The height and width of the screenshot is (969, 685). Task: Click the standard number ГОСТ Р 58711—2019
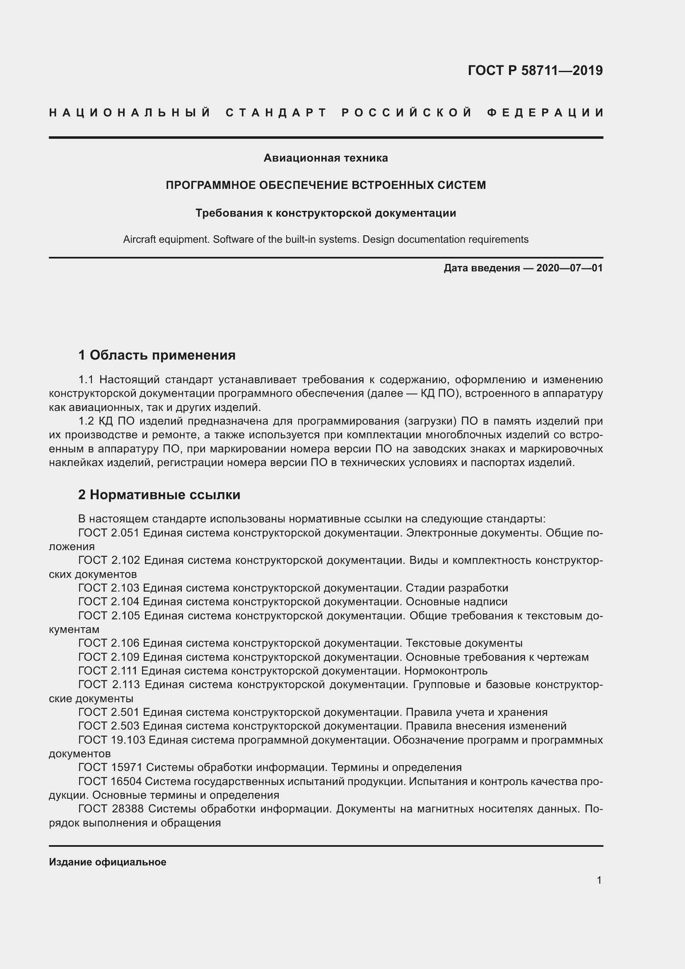(x=535, y=70)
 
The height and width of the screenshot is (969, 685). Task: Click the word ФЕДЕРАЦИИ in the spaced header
(x=545, y=113)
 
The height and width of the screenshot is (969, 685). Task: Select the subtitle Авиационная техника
(x=325, y=158)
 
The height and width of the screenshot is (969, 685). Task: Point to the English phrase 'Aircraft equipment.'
(x=166, y=239)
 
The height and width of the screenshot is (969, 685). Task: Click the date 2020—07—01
(x=569, y=268)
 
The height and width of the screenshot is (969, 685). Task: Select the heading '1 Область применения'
(x=157, y=355)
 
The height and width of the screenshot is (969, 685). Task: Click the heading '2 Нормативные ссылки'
(x=159, y=494)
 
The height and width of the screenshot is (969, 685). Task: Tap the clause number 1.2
(x=87, y=421)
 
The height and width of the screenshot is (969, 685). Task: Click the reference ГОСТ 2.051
(x=109, y=533)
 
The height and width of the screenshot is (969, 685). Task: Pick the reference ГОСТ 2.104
(x=109, y=602)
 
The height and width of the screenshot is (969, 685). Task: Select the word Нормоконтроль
(x=446, y=671)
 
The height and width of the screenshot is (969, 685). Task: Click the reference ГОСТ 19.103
(x=111, y=740)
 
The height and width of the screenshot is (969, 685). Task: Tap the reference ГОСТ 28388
(x=111, y=809)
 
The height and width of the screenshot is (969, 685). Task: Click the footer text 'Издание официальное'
(x=108, y=862)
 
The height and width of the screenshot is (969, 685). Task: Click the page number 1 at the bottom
(x=599, y=880)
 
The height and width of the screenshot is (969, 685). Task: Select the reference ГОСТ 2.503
(x=109, y=726)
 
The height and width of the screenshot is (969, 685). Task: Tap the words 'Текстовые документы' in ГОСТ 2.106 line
(x=464, y=643)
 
